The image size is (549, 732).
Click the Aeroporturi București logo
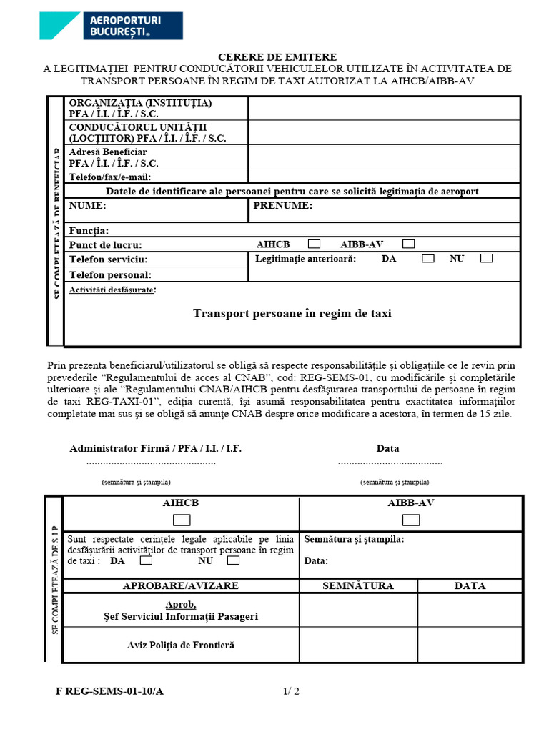(x=111, y=25)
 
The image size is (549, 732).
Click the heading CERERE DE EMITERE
(x=277, y=57)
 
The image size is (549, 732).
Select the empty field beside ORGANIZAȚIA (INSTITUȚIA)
(x=384, y=108)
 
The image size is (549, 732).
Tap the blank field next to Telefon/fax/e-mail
(x=384, y=177)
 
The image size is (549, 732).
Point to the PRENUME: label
(x=283, y=206)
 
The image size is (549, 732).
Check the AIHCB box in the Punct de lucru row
(x=314, y=244)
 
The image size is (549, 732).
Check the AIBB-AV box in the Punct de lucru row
(x=408, y=244)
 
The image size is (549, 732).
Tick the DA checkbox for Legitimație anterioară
(x=427, y=259)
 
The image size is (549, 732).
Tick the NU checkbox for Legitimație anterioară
(x=486, y=259)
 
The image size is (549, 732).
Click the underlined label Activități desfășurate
(x=112, y=290)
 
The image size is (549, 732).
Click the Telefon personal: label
(x=110, y=274)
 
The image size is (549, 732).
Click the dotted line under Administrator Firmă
(x=150, y=463)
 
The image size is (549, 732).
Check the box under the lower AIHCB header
(x=182, y=519)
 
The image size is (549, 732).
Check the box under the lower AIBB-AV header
(x=411, y=519)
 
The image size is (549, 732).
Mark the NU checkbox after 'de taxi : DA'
(x=232, y=560)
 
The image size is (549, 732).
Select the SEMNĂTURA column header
(x=358, y=585)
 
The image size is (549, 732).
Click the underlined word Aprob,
(x=181, y=605)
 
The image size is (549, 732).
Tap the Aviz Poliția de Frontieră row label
(x=181, y=645)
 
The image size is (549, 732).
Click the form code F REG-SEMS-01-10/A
(x=114, y=691)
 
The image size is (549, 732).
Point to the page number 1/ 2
(x=291, y=691)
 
